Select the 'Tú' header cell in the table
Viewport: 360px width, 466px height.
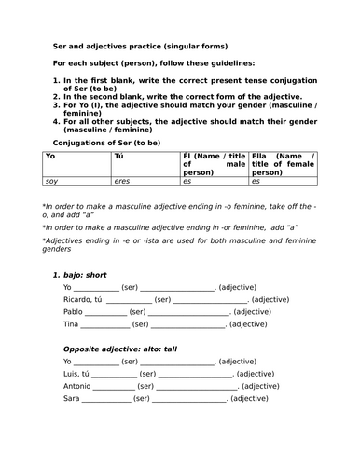click(x=118, y=158)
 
